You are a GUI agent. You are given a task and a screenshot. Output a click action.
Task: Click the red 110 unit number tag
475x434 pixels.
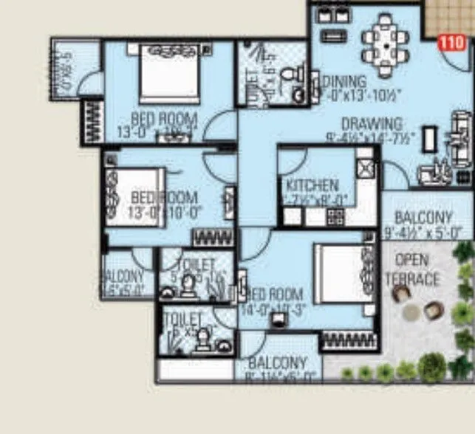click(x=452, y=43)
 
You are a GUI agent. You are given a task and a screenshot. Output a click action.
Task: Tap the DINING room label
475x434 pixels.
click(x=345, y=81)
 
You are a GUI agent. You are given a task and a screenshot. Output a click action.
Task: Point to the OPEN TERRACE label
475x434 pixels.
click(x=412, y=270)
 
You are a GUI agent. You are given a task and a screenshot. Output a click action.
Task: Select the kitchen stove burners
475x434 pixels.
click(x=335, y=217)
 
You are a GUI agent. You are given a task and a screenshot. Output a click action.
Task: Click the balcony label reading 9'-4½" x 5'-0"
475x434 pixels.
click(x=423, y=226)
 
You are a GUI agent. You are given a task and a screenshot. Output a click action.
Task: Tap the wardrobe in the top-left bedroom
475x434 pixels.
click(x=92, y=120)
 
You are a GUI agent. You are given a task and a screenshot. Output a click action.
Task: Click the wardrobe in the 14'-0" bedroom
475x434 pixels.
click(x=349, y=340)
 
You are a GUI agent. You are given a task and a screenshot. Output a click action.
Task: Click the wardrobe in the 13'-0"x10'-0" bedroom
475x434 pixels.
click(x=212, y=238)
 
